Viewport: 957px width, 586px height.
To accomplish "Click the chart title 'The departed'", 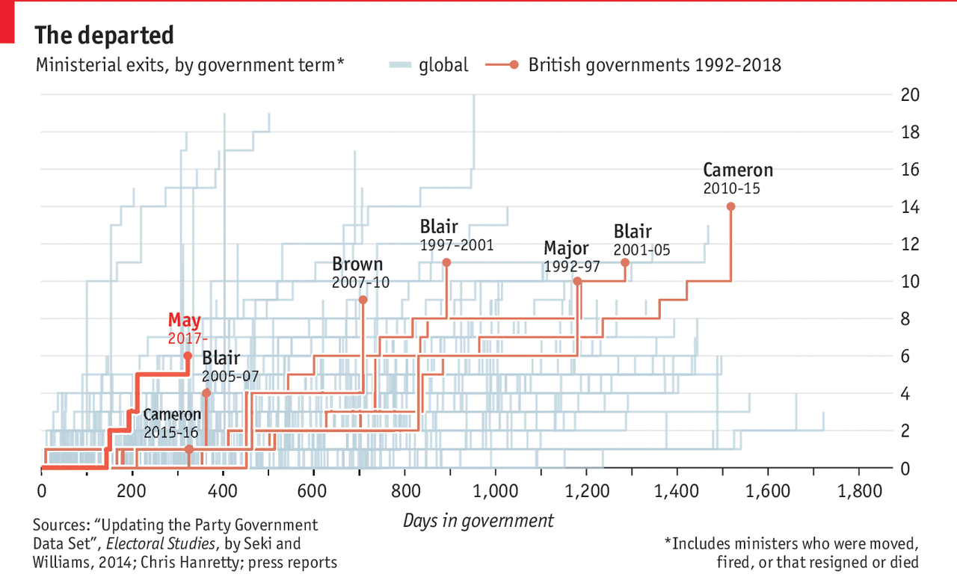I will (105, 35).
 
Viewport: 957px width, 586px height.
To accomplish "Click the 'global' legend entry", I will (443, 65).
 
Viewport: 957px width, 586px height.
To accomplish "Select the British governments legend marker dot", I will (514, 65).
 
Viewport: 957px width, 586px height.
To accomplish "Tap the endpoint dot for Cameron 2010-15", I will (730, 206).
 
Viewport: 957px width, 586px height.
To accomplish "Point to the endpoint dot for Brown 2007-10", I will (363, 300).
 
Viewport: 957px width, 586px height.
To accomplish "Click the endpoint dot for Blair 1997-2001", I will (446, 262).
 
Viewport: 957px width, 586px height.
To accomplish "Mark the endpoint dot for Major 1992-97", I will (576, 281).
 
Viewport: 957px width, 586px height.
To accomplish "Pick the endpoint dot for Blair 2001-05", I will (625, 262).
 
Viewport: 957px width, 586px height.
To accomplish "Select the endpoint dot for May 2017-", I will (188, 356).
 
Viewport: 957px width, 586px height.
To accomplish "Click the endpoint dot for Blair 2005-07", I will (206, 393).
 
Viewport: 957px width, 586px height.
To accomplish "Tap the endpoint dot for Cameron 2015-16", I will (189, 449).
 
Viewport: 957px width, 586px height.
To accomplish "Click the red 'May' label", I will (184, 321).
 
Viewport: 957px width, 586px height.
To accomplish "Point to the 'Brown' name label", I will (357, 264).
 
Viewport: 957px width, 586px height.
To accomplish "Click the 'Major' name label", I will (566, 248).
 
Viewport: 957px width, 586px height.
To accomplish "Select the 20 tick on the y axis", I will (910, 95).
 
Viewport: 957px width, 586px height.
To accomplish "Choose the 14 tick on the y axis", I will (910, 206).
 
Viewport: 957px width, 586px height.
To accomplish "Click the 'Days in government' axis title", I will (478, 521).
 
